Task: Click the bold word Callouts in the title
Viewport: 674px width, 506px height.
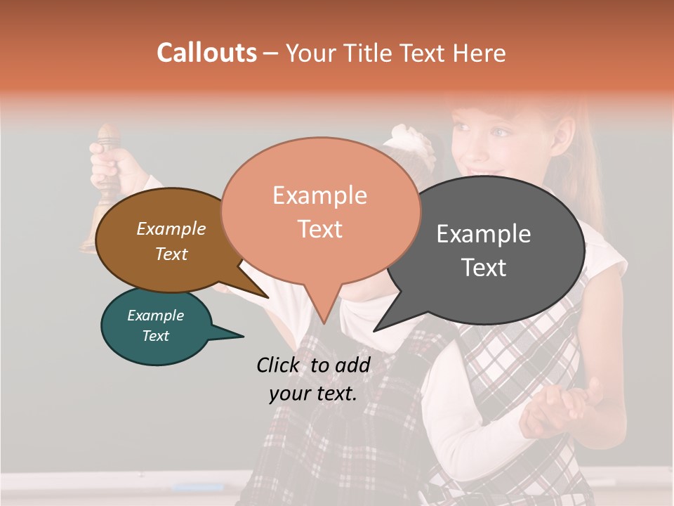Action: coord(206,53)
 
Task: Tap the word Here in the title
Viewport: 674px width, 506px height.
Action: coord(479,53)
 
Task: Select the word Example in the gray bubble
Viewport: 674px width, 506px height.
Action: coord(484,234)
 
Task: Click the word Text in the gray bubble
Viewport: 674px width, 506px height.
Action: coord(484,268)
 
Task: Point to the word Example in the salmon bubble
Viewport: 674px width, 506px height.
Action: coord(319,195)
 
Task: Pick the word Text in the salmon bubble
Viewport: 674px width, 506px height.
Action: coord(320,229)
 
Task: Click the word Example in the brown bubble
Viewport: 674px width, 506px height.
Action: coord(171,228)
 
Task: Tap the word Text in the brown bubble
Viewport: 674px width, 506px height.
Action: coord(171,254)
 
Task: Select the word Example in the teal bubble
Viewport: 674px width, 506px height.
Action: coord(155,316)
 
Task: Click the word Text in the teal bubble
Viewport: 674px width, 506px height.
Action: coord(156,336)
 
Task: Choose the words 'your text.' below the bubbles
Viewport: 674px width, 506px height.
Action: coord(313,394)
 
